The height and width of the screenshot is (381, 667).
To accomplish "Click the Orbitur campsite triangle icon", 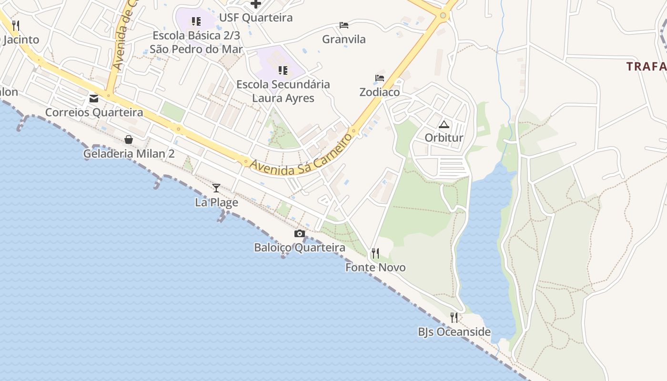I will click(x=444, y=125).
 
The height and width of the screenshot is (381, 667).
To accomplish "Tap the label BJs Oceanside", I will click(x=454, y=332).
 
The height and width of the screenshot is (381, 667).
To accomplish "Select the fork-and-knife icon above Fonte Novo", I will click(x=375, y=253).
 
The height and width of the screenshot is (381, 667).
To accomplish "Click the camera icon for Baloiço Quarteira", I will click(x=299, y=233).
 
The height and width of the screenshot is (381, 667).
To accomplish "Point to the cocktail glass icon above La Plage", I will click(x=216, y=188).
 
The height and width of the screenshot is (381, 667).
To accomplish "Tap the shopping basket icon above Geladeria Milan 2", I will click(x=129, y=140).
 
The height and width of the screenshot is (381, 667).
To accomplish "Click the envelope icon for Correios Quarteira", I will click(x=94, y=99).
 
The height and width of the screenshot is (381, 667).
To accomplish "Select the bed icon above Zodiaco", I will click(x=380, y=78).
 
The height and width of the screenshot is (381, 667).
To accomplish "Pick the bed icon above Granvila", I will click(x=344, y=25).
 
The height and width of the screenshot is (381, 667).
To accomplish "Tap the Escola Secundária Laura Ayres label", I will click(x=283, y=91).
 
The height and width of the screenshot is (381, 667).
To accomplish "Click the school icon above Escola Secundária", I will click(x=283, y=70).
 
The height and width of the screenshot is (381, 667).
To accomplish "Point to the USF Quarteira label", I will click(x=256, y=18).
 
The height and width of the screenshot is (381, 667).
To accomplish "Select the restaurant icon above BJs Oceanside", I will click(x=454, y=317).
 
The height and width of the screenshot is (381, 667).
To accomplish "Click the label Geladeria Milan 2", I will click(x=129, y=154).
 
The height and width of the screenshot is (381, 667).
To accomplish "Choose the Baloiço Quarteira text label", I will click(x=300, y=248).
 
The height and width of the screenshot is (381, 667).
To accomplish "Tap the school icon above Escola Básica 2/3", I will click(x=196, y=21).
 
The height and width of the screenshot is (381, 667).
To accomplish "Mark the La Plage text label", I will click(x=216, y=202).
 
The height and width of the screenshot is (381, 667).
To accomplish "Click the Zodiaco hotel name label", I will click(x=380, y=92).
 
